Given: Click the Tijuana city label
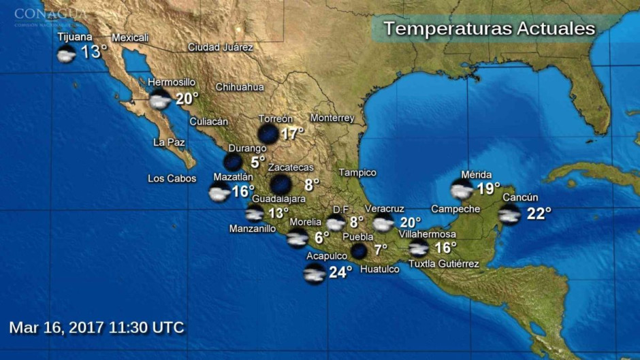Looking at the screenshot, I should (x=75, y=37).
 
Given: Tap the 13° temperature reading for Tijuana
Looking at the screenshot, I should (x=94, y=52).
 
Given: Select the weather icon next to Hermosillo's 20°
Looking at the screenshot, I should (x=160, y=100).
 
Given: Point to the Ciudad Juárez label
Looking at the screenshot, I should (x=220, y=48).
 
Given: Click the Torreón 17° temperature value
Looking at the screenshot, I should (x=291, y=133).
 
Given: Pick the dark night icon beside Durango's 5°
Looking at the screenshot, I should (x=233, y=161).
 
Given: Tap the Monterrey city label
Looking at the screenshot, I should (x=332, y=118).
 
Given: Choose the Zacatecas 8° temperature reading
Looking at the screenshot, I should (x=311, y=184).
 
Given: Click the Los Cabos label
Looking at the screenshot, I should (x=172, y=179).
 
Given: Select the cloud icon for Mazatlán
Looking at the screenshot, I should (x=219, y=193).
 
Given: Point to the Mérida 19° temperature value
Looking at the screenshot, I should (x=487, y=189).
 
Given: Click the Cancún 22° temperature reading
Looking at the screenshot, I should (x=538, y=214).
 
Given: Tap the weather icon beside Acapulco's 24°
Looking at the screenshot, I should (x=315, y=274).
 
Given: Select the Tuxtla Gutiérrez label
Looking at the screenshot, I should (x=443, y=264).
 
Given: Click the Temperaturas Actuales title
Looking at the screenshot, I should (x=489, y=29).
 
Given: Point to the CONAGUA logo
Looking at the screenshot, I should (x=50, y=15).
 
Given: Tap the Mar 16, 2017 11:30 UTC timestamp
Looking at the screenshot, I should (x=97, y=327).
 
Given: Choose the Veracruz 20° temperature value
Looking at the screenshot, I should (x=410, y=223).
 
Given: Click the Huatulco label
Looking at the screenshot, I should (x=379, y=269).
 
